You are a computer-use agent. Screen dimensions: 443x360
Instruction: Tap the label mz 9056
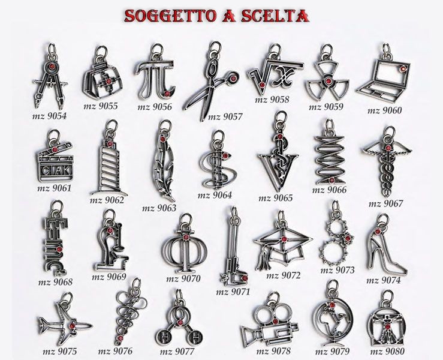coord(155,107)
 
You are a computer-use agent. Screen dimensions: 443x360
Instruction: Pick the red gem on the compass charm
coord(52,67)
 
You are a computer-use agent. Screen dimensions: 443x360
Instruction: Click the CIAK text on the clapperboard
coord(56,170)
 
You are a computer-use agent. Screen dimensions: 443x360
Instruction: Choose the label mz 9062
coord(107,200)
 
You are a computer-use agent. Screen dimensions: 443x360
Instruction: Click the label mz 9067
coord(385,203)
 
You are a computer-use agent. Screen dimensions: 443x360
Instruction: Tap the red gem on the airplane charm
coord(73,326)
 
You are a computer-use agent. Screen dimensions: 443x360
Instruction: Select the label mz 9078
coord(273,351)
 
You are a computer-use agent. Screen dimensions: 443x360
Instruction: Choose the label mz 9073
coord(337,270)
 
